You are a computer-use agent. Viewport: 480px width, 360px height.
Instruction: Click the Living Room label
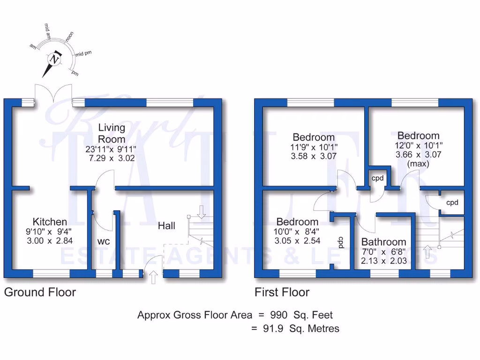pos(112,133)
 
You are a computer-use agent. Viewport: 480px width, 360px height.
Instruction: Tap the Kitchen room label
pos(50,221)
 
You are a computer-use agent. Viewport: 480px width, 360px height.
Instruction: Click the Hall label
pos(166,226)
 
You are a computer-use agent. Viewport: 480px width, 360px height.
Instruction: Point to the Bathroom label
pos(383,242)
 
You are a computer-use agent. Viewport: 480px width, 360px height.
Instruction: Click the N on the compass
pos(55,60)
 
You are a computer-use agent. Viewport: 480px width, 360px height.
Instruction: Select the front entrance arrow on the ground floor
pos(153,278)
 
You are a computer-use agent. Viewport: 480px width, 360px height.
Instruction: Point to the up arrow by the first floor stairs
pos(427,252)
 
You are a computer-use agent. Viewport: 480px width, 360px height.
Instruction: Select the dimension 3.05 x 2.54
pos(297,240)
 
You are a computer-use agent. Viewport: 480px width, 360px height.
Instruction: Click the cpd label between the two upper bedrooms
pos(378,178)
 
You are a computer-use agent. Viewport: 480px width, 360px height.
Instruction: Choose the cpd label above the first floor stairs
pos(452,202)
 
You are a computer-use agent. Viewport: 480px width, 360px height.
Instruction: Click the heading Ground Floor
pos(40,292)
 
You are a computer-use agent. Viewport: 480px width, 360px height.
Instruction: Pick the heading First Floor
pos(282,292)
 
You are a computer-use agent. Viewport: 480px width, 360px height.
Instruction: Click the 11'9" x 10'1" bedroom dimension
pos(314,147)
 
